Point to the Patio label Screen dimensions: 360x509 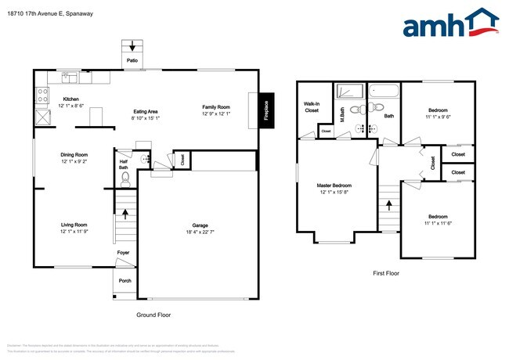[133, 59]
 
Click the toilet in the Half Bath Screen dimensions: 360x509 [125, 178]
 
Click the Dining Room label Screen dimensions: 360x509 [74, 155]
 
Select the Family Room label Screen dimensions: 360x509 [216, 106]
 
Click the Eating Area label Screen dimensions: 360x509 [146, 111]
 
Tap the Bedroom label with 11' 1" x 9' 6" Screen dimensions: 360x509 [438, 110]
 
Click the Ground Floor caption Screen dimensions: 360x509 [153, 315]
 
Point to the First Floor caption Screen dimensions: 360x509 [385, 273]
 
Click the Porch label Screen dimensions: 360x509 [125, 280]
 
